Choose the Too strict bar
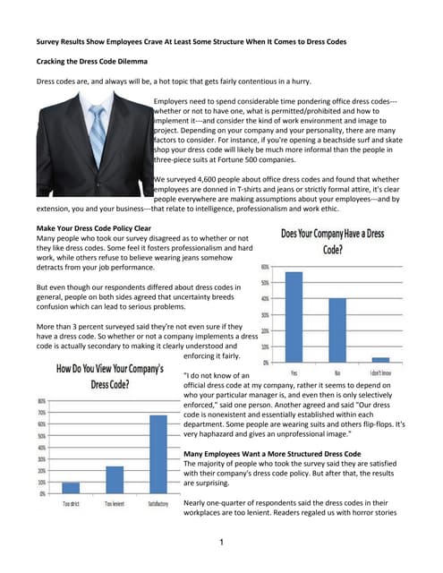[71, 487]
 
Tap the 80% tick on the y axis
[42, 400]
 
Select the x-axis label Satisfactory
[158, 503]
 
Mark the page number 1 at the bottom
[220, 542]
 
